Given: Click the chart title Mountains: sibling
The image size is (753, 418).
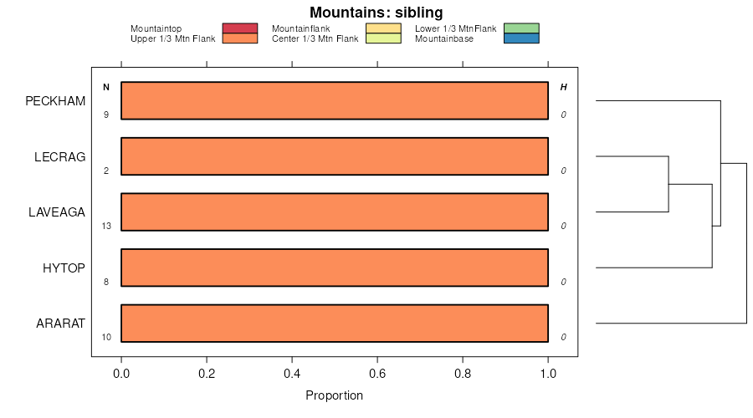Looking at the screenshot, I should click(x=376, y=13).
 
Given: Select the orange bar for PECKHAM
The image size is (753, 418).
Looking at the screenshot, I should click(x=335, y=100).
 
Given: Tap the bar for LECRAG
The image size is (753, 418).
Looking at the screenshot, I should click(x=335, y=156).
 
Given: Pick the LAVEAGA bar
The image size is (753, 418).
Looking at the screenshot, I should click(x=335, y=212).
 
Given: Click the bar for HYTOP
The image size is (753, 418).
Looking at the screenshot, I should click(x=335, y=268).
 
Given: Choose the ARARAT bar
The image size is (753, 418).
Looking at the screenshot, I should click(x=335, y=324).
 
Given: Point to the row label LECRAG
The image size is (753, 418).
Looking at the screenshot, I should click(x=60, y=156).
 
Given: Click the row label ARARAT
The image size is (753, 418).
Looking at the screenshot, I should click(x=60, y=324).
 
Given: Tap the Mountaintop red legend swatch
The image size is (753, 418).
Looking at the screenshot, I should click(x=239, y=28).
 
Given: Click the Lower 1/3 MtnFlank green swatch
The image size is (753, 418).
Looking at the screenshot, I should click(x=522, y=28).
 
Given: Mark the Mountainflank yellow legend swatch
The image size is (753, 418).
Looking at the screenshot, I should click(x=384, y=28).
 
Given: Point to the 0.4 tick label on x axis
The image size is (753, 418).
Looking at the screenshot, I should click(x=292, y=374).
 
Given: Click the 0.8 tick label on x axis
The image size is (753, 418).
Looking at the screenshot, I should click(x=463, y=374).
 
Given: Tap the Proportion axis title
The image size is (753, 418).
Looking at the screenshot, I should click(x=335, y=395).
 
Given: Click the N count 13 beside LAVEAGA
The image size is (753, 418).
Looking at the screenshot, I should click(x=106, y=226).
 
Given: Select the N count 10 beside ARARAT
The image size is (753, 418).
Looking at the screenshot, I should click(x=106, y=337).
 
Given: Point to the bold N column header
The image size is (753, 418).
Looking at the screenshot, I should click(x=106, y=87).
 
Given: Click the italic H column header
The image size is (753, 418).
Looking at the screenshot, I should click(x=563, y=87).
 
